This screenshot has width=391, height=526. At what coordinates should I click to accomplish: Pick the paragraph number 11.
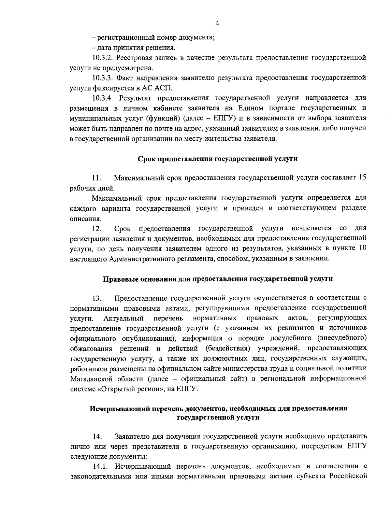coord(96,178)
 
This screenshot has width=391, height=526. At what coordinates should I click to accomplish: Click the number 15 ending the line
coord(362,178)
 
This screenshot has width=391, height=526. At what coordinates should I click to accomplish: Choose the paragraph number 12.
coord(96,229)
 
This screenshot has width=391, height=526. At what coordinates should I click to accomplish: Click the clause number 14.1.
coord(100,466)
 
